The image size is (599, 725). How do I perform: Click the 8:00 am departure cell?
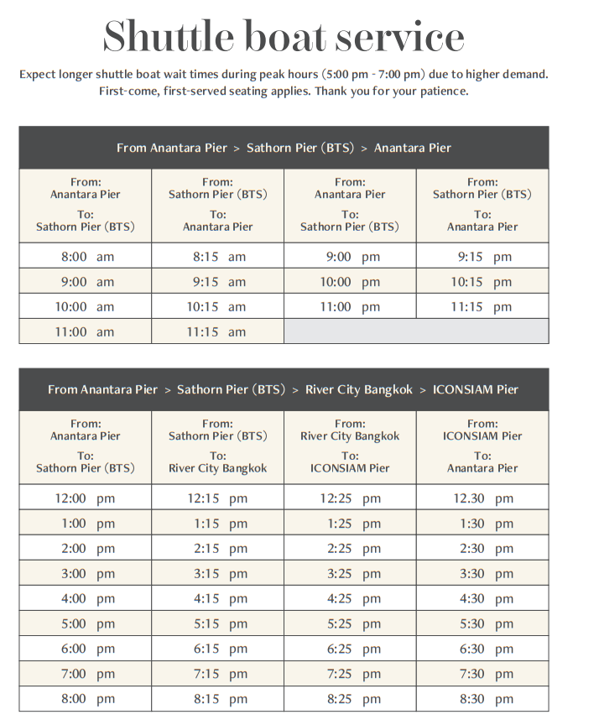[85, 257]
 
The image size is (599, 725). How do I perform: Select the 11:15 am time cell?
[216, 332]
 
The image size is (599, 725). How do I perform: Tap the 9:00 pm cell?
[350, 257]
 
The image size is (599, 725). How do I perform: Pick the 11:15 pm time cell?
[482, 307]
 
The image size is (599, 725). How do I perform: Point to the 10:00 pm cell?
[350, 282]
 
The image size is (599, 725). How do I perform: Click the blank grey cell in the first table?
[416, 331]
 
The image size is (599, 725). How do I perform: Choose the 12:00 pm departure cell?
[85, 498]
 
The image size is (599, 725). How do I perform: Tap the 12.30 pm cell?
[482, 498]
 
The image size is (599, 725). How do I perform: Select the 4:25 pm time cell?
[350, 599]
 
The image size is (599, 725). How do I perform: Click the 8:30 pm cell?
[482, 699]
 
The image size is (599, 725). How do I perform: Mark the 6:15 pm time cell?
[216, 649]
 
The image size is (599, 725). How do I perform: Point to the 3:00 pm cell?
[85, 574]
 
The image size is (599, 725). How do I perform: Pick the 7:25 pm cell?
[350, 674]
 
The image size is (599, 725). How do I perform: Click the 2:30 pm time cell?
[482, 549]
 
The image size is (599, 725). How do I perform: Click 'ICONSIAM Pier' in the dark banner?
[476, 389]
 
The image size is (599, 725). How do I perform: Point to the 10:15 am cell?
[216, 307]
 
